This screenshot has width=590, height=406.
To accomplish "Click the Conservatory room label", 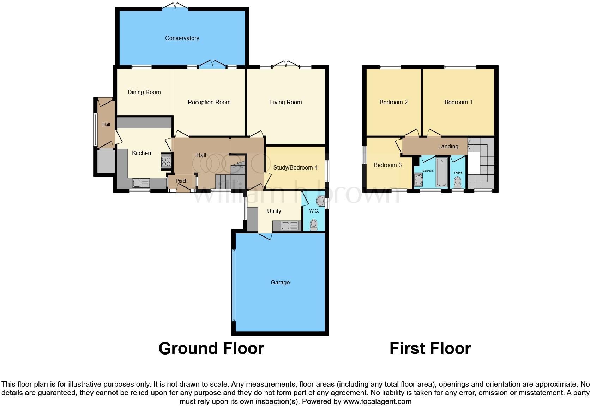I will pos(182,38).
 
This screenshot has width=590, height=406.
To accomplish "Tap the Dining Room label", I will pos(144,92).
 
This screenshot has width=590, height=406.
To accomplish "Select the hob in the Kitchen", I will pos(166,161).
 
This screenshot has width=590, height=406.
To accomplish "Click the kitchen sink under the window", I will pos(141,183).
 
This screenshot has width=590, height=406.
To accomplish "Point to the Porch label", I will pos(181,181).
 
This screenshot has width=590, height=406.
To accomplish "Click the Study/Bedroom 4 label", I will pos(295,167).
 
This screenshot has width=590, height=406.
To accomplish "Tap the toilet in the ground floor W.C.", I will pos(313,224).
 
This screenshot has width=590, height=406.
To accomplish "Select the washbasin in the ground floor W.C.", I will pos(320,201).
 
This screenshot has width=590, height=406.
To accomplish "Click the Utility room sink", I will pos(290,225).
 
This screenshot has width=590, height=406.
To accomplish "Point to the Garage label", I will pos(280,282).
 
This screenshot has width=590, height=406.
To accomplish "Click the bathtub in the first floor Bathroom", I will pos(441,173).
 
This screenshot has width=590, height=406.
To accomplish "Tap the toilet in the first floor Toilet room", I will pos(457,182).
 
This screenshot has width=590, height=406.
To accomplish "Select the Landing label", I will pos(448,146).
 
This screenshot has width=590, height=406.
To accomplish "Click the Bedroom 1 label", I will pos(458,102).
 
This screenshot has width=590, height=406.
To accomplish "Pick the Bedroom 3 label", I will pos(387,165).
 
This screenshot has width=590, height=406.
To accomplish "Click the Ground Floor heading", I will pos(211,348).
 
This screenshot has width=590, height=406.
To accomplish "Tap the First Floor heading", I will pos(430,348).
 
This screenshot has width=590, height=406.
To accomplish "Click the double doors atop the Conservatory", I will pos(175,6).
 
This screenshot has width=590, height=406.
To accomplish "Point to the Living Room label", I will pos(286,102).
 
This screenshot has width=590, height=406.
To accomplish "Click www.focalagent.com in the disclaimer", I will pos(377,401).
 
